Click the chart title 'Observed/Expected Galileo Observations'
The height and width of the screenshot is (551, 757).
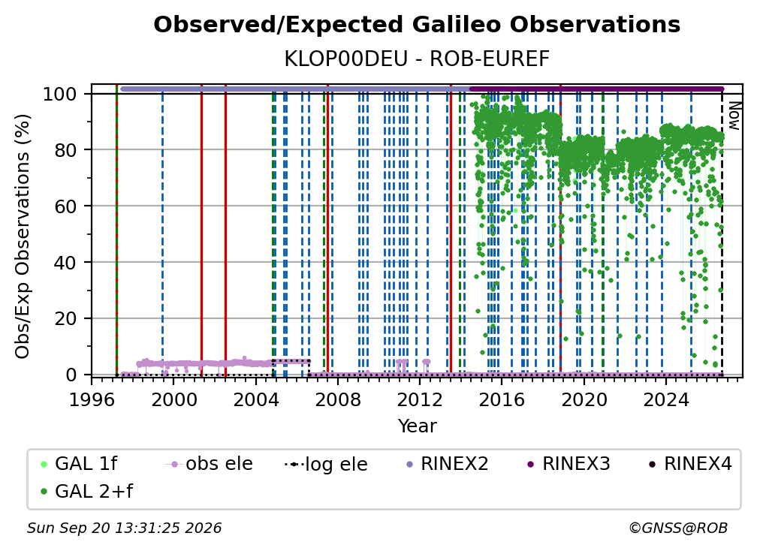click(x=417, y=25)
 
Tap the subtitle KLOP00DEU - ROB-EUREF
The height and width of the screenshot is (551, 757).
click(x=417, y=59)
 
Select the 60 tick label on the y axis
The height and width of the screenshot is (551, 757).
click(x=65, y=206)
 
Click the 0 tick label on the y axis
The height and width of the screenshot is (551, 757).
click(x=71, y=375)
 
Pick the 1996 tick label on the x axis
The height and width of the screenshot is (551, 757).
click(x=92, y=400)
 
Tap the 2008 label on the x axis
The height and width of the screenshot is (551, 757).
click(x=337, y=400)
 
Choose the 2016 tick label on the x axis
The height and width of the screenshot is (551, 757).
click(x=502, y=400)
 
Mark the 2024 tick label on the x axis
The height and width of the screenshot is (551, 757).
click(x=665, y=400)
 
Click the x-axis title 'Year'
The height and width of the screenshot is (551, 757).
click(x=417, y=426)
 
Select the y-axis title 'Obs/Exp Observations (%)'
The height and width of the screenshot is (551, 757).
click(x=23, y=236)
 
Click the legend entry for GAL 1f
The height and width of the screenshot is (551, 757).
click(x=79, y=464)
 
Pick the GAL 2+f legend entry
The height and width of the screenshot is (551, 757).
click(x=86, y=491)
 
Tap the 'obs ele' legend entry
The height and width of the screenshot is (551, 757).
click(x=209, y=464)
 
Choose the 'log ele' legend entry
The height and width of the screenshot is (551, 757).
click(x=327, y=464)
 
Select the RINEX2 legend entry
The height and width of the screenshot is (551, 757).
click(x=448, y=464)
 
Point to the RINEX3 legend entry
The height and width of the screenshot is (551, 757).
click(x=569, y=464)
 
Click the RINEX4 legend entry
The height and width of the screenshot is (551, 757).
click(x=691, y=464)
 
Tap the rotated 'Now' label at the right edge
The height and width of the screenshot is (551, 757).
click(x=734, y=116)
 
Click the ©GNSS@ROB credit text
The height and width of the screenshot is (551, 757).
click(x=678, y=528)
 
